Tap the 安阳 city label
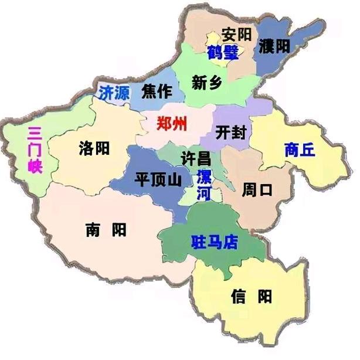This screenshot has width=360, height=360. click(x=236, y=35)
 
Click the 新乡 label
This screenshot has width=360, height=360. click(x=207, y=83)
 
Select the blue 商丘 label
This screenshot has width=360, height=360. click(x=298, y=149)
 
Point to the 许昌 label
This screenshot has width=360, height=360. click(x=195, y=158)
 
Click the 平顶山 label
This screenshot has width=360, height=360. click(x=158, y=178)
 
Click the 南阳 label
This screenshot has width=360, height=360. click(x=105, y=229)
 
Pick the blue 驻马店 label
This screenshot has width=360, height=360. click(x=215, y=241)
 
